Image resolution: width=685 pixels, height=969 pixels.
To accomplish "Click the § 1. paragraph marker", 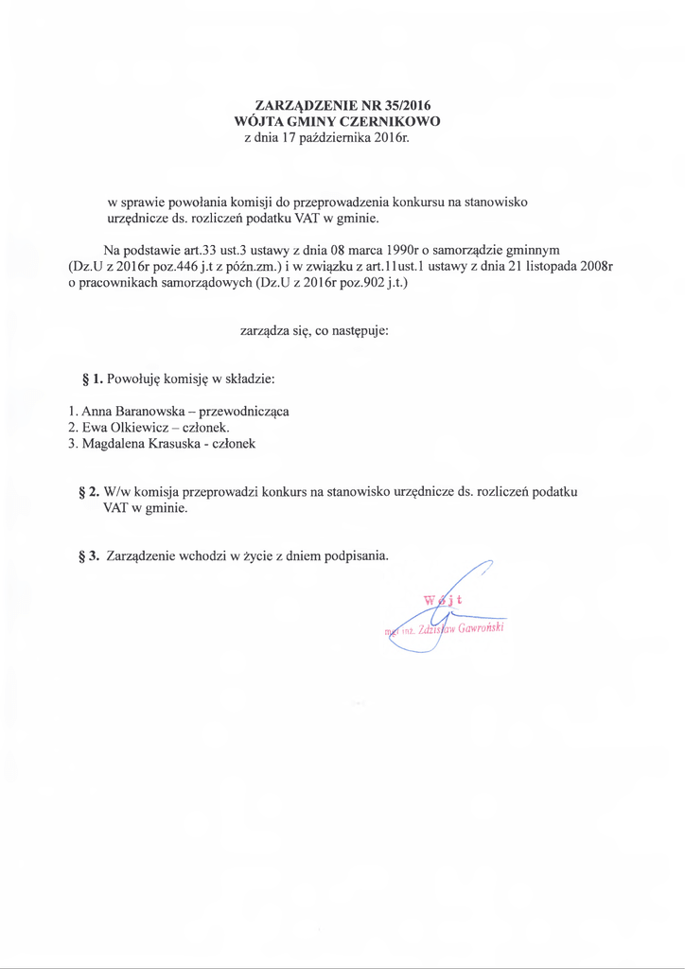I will [93, 379].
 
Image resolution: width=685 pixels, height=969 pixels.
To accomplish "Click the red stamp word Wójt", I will [443, 598].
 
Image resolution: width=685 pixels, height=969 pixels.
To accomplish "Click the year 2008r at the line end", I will [595, 267].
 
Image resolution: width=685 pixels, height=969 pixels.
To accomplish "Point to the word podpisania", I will [356, 555].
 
